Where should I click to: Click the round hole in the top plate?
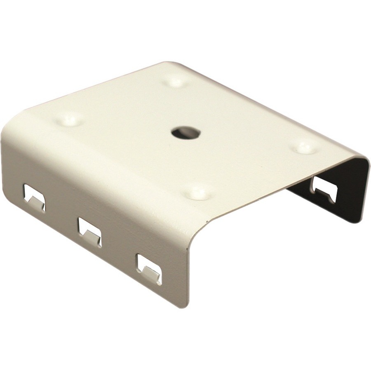click(x=185, y=133)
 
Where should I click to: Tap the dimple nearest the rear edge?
click(x=176, y=81)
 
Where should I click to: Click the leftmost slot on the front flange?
click(x=34, y=197)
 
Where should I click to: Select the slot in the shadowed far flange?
click(x=325, y=189)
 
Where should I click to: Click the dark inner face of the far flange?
click(x=342, y=198)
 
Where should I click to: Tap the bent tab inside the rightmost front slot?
click(x=150, y=273)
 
